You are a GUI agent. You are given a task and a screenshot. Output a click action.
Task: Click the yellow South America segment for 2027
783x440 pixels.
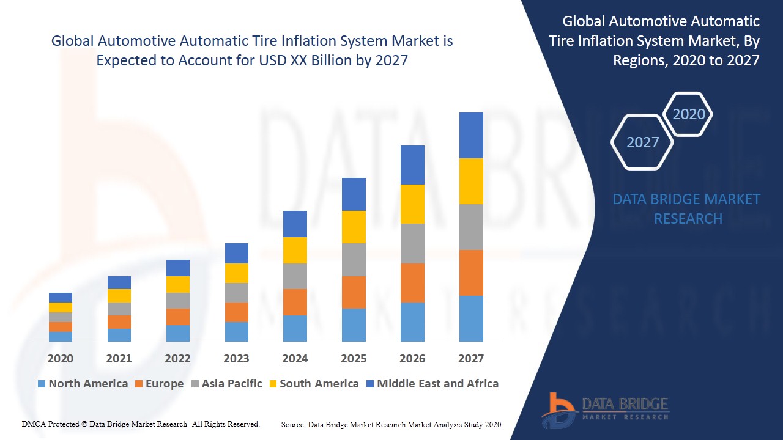click(471, 181)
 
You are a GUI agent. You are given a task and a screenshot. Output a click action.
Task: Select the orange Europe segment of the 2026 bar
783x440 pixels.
click(412, 282)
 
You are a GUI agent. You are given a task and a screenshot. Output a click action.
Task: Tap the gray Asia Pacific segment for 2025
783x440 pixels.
click(354, 259)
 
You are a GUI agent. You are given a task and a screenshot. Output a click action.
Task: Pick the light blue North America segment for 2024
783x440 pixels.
click(295, 328)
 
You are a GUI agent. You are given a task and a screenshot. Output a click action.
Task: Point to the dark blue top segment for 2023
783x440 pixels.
click(237, 253)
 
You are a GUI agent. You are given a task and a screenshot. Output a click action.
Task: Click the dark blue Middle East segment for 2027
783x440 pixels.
click(471, 135)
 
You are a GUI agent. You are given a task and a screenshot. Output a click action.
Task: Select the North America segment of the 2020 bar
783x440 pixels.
click(61, 336)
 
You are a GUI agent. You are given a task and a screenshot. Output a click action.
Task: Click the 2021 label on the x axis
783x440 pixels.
click(119, 359)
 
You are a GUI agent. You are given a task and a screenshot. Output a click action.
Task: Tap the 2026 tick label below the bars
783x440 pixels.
click(412, 359)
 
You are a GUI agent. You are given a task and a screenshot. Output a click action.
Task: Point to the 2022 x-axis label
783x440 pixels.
click(177, 359)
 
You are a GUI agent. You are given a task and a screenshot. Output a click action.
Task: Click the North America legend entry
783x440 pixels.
click(83, 384)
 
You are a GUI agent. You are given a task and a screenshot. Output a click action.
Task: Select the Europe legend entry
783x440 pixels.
click(159, 384)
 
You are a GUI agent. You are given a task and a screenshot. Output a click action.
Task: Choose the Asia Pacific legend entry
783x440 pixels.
click(226, 384)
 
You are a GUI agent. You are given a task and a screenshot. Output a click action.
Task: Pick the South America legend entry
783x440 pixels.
click(313, 384)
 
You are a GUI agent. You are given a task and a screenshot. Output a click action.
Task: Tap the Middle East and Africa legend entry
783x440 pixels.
click(432, 384)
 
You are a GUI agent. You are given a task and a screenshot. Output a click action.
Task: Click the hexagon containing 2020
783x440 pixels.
click(688, 114)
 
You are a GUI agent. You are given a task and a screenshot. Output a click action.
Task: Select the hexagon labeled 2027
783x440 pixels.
click(642, 142)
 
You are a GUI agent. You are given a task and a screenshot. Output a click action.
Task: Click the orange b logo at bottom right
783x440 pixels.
click(558, 409)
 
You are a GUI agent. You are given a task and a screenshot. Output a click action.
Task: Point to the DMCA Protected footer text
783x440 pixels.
click(141, 424)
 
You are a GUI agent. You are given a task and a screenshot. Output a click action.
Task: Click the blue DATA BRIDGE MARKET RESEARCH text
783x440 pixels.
click(688, 208)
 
